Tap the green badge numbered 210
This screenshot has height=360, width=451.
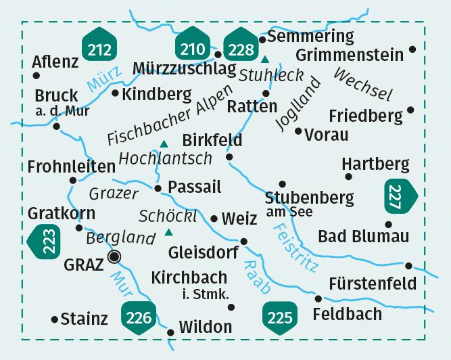[x=192, y=48]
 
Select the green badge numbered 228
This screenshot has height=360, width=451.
[x=240, y=48]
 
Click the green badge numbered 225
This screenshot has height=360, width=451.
[x=279, y=316]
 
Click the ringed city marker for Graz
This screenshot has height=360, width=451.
[x=115, y=256]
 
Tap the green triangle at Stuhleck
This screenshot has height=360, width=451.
[x=264, y=59]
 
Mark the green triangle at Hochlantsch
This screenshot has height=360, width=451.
[x=163, y=143]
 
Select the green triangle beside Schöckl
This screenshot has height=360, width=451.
[x=168, y=233]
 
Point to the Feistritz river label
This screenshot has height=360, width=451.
[x=293, y=248]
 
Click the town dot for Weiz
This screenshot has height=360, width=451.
[x=214, y=219]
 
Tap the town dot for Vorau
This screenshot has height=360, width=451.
[x=298, y=130]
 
